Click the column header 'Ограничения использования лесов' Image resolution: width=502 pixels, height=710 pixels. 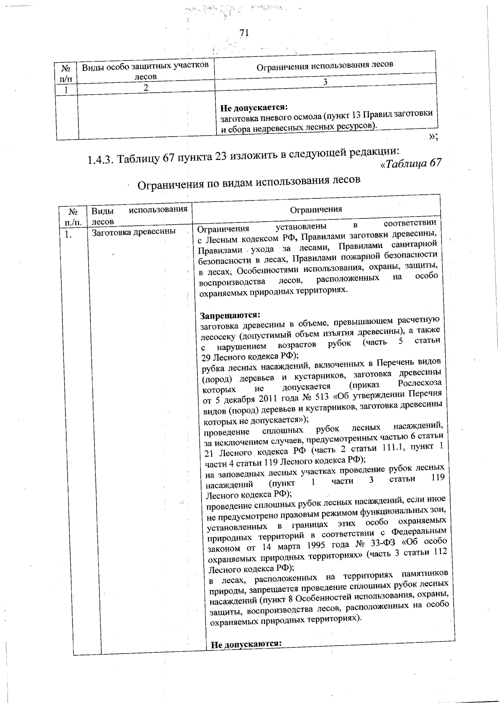(324, 65)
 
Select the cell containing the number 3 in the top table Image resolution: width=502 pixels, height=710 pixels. (325, 82)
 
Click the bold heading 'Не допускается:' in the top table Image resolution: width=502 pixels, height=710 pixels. (249, 108)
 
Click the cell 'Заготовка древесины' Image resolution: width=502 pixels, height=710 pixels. (133, 231)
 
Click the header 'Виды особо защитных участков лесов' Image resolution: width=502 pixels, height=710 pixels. (145, 71)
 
